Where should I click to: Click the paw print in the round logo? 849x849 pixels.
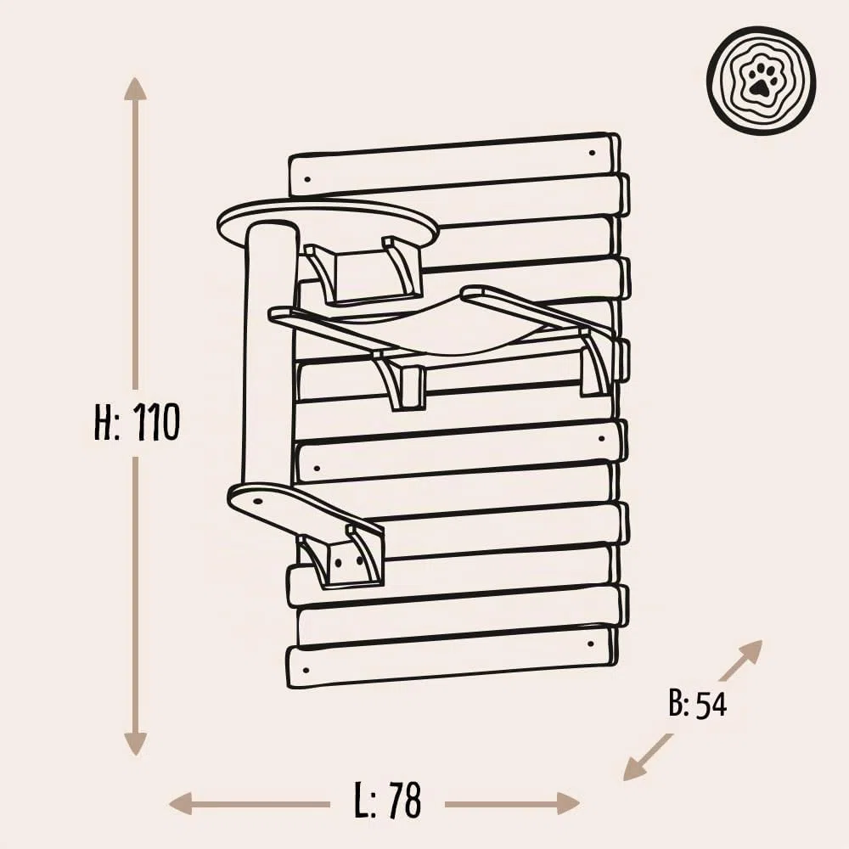(x=761, y=80)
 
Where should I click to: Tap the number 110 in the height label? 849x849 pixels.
(x=155, y=422)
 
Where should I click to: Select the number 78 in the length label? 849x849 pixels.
(x=404, y=800)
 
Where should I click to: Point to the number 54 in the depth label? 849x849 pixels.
(x=711, y=705)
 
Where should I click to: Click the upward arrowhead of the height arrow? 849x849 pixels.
(x=135, y=89)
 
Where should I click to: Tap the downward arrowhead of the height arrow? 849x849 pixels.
(x=135, y=743)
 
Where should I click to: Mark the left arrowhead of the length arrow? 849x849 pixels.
(x=181, y=803)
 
